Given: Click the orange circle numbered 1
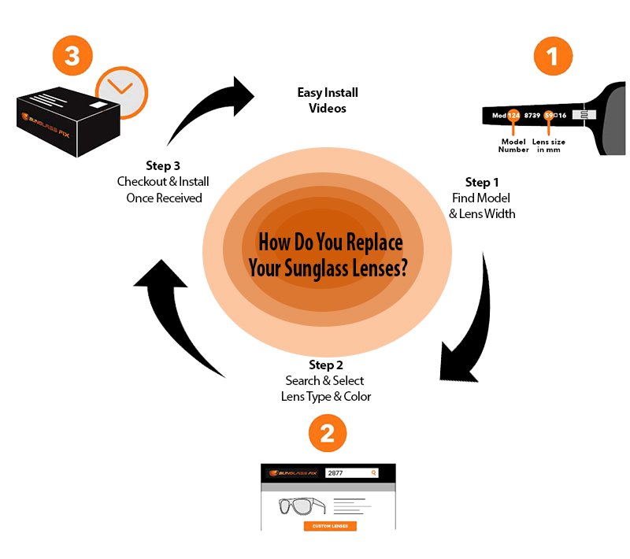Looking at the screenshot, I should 553,57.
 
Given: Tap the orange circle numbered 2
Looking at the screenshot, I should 328,431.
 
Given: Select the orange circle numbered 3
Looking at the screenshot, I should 72,57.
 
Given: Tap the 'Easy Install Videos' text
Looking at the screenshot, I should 321,100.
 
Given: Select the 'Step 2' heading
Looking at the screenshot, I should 327,365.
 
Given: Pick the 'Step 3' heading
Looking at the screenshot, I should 163,165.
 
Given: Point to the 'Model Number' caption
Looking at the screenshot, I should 513,146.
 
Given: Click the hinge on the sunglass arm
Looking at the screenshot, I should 581,116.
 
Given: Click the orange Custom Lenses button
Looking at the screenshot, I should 330,526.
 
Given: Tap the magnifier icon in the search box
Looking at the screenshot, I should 373,473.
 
